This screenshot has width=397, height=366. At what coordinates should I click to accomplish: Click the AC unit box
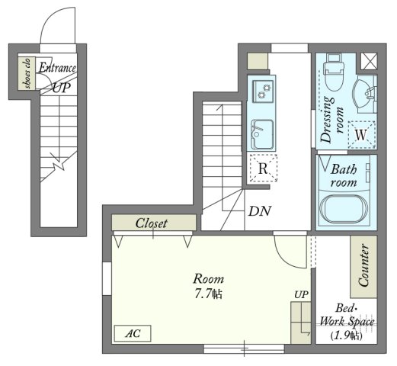pos(133,333)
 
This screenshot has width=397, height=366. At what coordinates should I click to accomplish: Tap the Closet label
pos(152,223)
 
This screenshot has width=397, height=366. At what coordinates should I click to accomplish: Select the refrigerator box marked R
pos(263,168)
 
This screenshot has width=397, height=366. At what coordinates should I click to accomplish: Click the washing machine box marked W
pos(362,135)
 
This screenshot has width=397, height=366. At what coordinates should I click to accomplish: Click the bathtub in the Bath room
pos(344,209)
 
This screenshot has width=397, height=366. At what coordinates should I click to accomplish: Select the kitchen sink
pos(262,134)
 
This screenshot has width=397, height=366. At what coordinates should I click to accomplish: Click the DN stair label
pos(260,211)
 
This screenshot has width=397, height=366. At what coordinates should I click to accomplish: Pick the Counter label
pos(363,265)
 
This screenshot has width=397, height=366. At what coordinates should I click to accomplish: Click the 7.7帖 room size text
pos(209,294)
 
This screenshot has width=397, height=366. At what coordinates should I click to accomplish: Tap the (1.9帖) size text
pos(347,335)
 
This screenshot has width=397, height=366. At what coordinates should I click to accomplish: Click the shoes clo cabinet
pos(27,73)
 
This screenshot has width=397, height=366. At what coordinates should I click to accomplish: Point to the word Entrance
pos(57,68)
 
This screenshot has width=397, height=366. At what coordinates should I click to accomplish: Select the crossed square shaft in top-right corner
pos(369,61)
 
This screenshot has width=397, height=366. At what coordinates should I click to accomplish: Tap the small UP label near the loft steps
pos(301,294)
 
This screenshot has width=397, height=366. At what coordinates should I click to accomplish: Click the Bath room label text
pos(344,175)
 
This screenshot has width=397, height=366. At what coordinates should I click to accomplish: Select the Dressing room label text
pos(331,120)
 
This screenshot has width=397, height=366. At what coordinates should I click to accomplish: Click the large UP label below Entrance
pos(62,88)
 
